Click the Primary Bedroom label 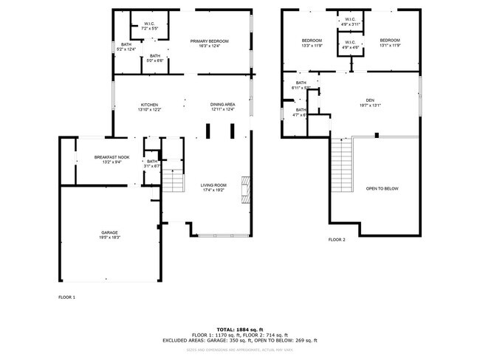[209, 44]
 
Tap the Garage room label [109, 235]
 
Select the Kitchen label [149, 107]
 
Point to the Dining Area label [222, 107]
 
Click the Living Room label [213, 187]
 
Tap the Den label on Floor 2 [370, 103]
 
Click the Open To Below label [382, 189]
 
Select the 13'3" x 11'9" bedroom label [312, 43]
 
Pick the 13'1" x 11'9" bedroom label [390, 43]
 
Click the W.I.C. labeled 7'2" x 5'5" [149, 26]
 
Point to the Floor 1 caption [66, 297]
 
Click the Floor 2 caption [337, 240]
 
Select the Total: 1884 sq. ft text [239, 328]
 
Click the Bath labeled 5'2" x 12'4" [127, 46]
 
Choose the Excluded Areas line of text [239, 340]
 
